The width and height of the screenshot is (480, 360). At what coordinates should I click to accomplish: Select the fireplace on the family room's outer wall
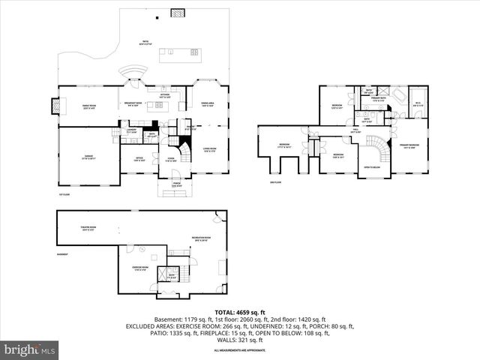53,106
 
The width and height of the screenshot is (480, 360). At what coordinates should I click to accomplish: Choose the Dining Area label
208,104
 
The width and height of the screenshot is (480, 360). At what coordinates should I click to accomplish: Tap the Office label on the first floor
139,160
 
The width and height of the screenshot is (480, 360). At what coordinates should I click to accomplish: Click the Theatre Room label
91,229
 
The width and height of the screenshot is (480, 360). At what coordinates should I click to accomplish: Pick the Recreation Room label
199,238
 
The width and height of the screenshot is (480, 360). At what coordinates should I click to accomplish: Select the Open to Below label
370,167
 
